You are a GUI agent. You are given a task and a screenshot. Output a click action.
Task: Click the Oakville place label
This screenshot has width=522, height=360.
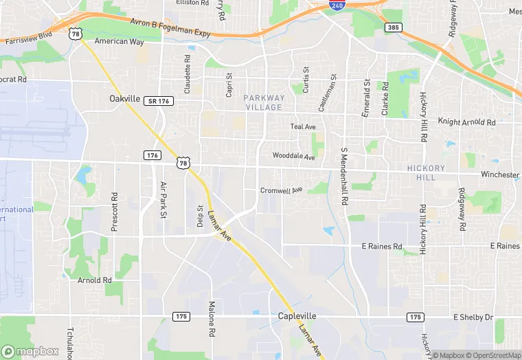click(125, 99)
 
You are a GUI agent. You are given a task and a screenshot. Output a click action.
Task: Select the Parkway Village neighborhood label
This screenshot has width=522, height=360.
click(263, 102)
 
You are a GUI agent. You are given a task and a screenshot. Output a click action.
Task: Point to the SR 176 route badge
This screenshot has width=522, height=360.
click(159, 101)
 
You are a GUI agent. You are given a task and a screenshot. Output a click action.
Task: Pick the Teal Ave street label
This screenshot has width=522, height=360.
click(303, 126)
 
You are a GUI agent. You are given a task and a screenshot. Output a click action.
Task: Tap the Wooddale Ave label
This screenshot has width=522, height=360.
click(293, 157)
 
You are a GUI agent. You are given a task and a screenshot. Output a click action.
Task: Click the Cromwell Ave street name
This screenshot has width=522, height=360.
click(282, 190)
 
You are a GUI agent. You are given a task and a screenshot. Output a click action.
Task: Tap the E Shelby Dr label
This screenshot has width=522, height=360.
click(473, 317)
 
